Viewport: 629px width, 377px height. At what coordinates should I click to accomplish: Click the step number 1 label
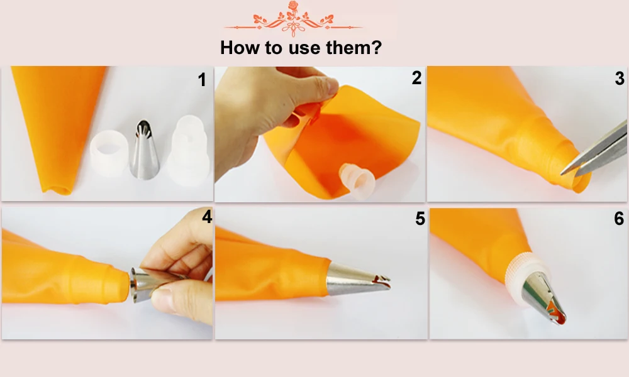coord(202,80)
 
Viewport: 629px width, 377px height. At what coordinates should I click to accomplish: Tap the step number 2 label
coord(416,78)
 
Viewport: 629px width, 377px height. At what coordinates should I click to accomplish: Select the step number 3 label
coord(620,79)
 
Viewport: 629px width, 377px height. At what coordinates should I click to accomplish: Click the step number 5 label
coord(420,219)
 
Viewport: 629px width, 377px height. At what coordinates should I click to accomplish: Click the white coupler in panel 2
coord(356,183)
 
